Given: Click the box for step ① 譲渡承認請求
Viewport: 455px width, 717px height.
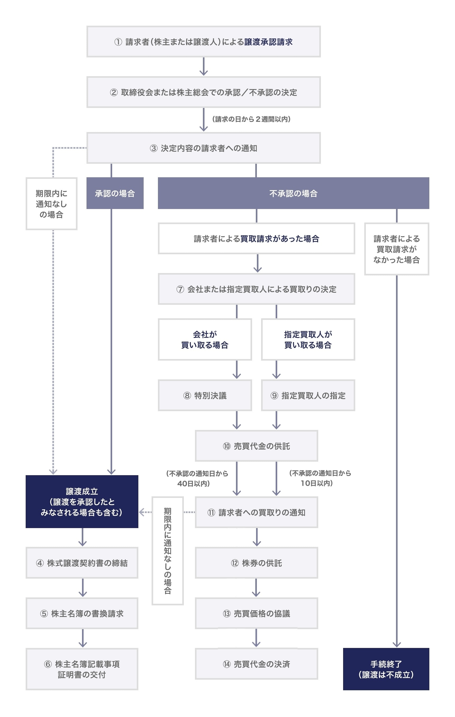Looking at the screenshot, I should (203, 42).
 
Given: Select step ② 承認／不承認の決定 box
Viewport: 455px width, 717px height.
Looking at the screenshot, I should (203, 92).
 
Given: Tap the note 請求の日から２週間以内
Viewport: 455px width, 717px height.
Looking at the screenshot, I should (251, 119).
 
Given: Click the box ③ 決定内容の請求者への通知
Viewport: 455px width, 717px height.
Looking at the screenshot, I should (203, 148).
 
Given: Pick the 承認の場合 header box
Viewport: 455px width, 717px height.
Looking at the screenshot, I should (115, 193).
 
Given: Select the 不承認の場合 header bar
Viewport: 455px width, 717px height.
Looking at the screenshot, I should (293, 193).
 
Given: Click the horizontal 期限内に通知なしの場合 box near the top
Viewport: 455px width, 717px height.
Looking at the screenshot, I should (52, 204).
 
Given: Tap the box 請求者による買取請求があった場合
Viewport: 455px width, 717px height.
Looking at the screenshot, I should (256, 238).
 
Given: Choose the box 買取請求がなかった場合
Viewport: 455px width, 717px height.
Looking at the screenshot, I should (396, 249).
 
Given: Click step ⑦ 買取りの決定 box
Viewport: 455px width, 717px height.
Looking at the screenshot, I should (256, 289).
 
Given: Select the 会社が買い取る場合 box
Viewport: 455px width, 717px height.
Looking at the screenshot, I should (205, 339).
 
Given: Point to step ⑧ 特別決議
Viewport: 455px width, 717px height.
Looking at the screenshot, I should (205, 396).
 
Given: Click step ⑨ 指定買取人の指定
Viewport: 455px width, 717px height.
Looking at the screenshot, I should (308, 396).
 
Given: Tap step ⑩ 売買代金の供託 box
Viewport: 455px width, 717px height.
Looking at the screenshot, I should (256, 446).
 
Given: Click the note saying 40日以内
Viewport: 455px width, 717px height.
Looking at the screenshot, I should (197, 478).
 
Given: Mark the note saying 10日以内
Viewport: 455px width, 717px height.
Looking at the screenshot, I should (320, 478).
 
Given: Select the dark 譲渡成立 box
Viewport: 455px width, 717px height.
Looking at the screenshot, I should (82, 502).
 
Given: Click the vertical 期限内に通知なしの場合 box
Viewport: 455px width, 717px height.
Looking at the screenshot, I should (168, 551).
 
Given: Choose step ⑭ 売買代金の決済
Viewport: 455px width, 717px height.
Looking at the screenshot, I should (256, 664).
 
